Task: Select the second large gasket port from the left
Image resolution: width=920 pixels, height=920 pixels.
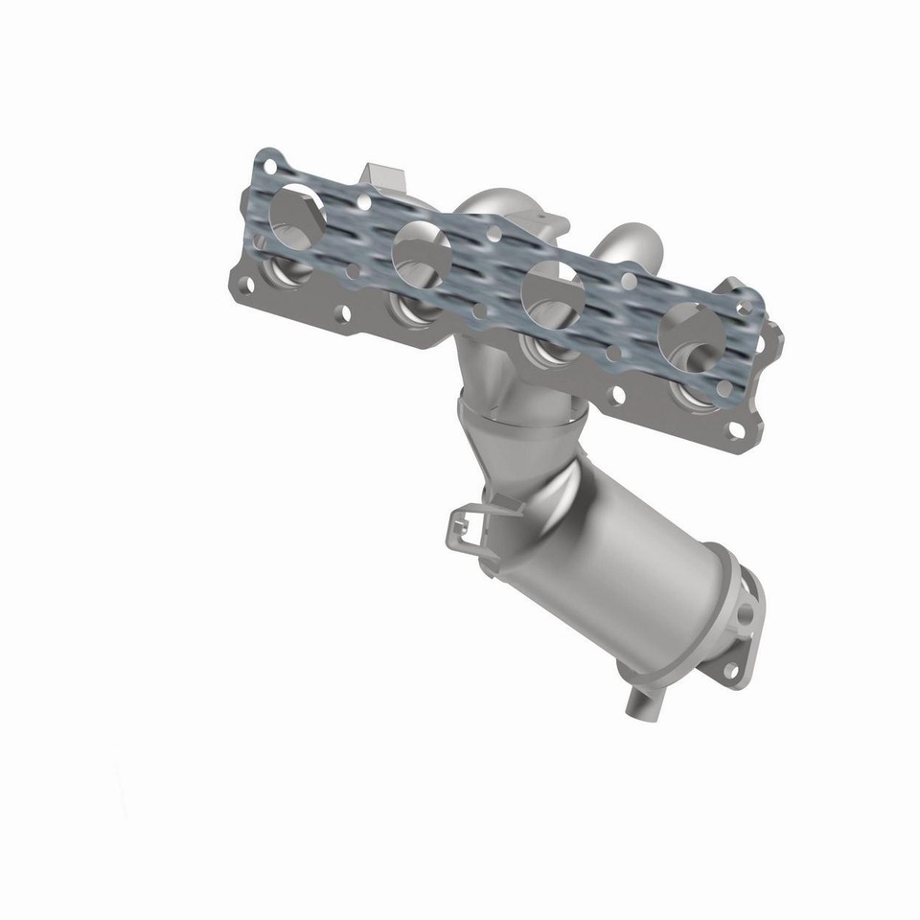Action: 421,249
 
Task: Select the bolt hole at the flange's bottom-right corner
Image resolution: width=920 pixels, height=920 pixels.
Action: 736,428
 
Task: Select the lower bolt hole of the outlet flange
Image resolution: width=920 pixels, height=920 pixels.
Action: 731,669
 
